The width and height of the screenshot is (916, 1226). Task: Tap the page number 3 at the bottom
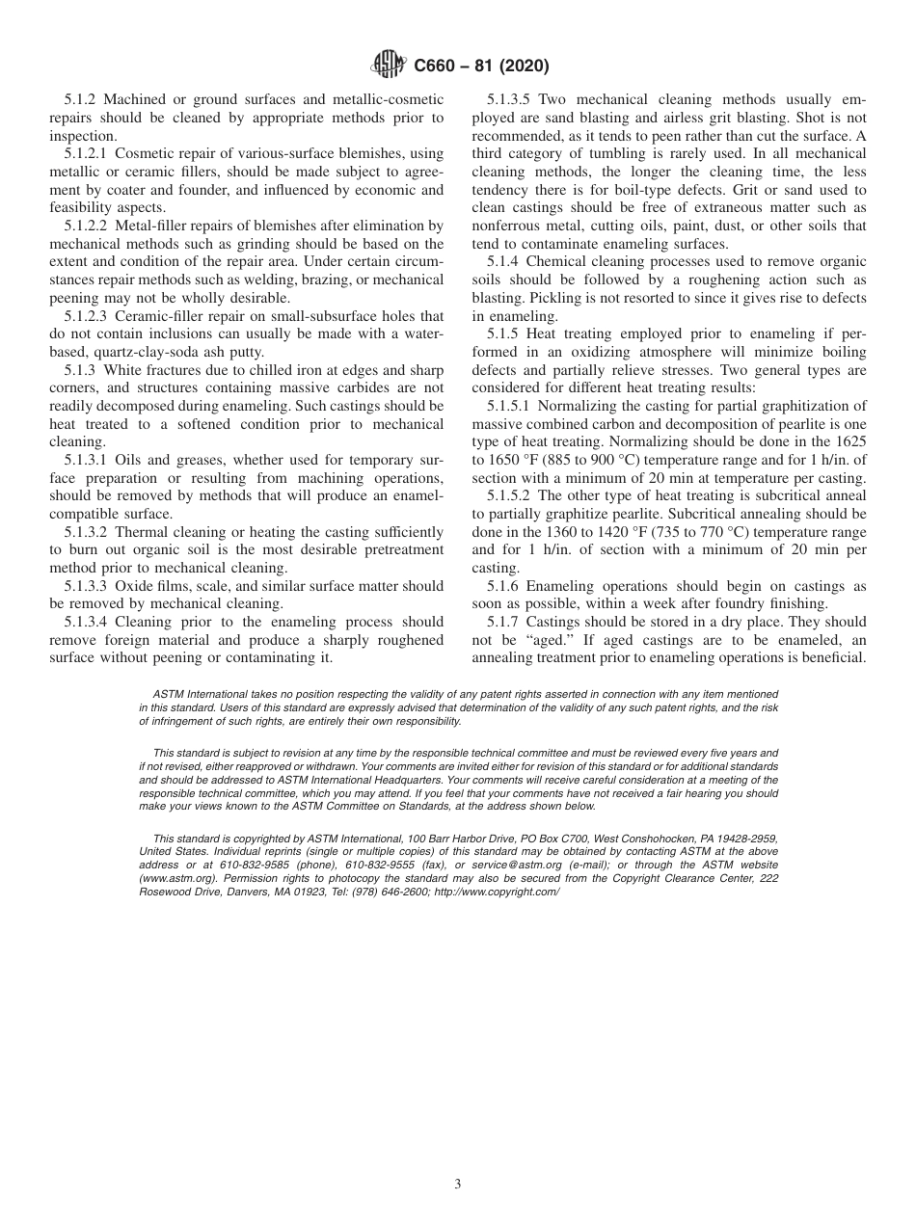click(x=458, y=1185)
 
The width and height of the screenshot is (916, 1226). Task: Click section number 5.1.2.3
click(x=90, y=315)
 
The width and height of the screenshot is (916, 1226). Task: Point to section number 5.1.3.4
click(x=90, y=622)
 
